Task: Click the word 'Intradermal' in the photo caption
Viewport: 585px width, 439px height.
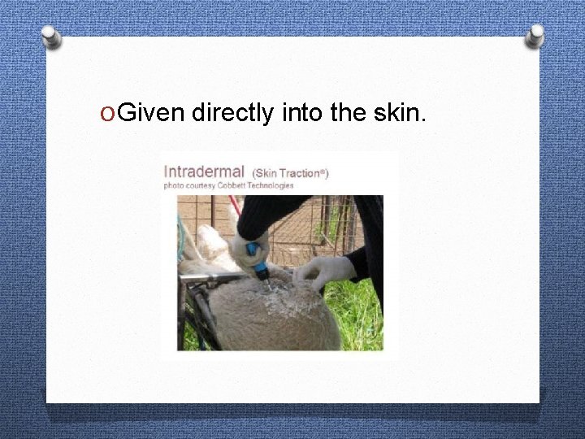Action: [x=204, y=172]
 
